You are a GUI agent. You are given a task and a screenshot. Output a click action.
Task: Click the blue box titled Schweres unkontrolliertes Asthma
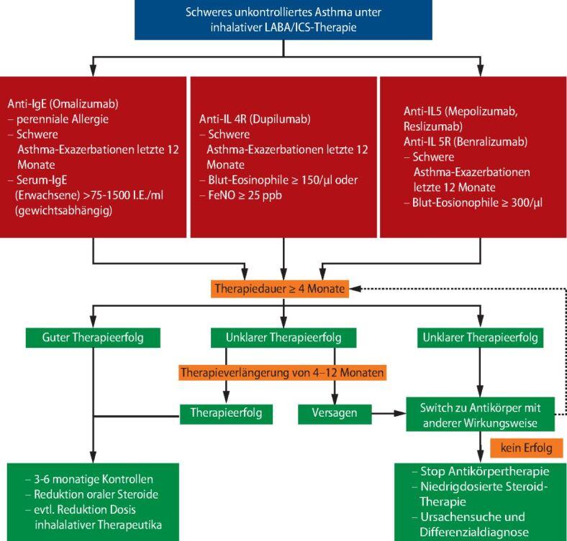click(x=283, y=19)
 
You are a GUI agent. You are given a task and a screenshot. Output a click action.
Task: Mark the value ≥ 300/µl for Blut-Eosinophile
click(x=520, y=202)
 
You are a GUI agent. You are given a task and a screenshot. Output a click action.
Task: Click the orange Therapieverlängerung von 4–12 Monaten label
click(x=281, y=372)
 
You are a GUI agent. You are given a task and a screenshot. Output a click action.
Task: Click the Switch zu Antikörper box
click(x=480, y=415)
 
